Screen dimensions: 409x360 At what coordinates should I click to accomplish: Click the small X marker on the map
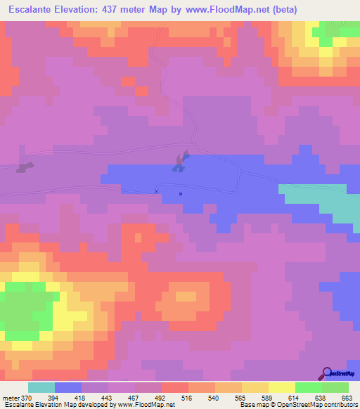click(156, 191)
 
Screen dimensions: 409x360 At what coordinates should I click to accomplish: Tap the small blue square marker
click(181, 194)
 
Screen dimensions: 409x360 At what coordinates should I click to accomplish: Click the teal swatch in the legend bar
click(41, 388)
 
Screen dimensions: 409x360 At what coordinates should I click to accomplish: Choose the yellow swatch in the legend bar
click(281, 388)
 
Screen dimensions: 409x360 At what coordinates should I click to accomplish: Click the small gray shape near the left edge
click(25, 167)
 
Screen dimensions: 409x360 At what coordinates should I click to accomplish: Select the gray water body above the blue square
click(180, 162)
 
